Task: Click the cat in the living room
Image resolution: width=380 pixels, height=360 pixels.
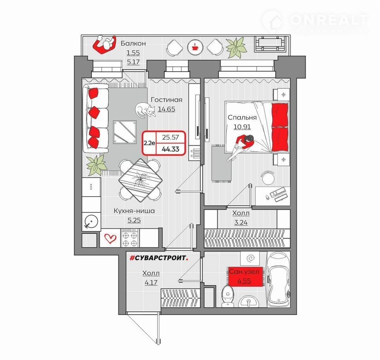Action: tap(145, 110)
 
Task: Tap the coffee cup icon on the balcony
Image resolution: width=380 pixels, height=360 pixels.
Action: tap(195, 47)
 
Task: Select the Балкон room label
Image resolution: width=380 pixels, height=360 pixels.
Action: tap(133, 44)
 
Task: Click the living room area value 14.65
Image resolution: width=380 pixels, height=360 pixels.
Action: tap(167, 109)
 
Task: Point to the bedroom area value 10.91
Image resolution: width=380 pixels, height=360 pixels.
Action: tap(242, 127)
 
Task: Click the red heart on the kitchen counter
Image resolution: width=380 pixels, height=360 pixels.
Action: tap(110, 238)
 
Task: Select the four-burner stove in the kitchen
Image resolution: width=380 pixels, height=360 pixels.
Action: tap(130, 238)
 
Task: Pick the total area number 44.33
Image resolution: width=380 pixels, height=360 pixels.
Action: tap(170, 149)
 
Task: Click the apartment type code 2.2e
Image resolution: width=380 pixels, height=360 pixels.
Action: tap(149, 143)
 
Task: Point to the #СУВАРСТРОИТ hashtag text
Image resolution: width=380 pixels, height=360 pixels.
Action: tap(159, 258)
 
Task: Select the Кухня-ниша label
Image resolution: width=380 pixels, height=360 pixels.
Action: tap(134, 211)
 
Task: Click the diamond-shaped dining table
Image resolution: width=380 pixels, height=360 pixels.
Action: tap(140, 180)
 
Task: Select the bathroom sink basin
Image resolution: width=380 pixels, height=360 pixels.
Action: tap(249, 301)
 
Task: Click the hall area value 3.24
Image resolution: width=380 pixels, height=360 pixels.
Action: tap(241, 222)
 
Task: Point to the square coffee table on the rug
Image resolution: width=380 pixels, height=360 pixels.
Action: tap(125, 133)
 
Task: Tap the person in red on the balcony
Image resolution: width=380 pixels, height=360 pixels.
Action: tap(104, 45)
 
